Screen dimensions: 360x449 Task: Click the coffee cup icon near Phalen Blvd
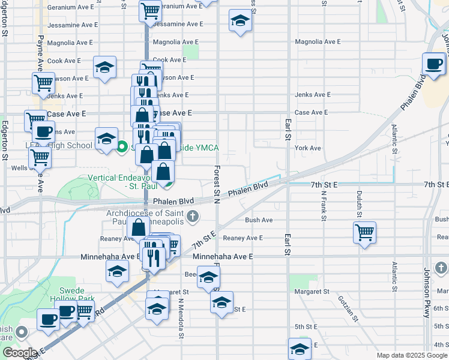tap(433, 64)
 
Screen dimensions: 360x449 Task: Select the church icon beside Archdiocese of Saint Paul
tap(193, 216)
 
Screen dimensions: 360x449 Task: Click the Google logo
tap(20, 353)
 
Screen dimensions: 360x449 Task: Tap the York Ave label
tap(308, 148)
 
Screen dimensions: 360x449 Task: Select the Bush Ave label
tap(259, 220)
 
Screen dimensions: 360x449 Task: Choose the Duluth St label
tap(360, 203)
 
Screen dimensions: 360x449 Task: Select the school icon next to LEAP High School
tap(106, 139)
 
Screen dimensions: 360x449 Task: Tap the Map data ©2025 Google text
tap(412, 355)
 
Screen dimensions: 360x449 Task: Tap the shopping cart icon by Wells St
tap(40, 157)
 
